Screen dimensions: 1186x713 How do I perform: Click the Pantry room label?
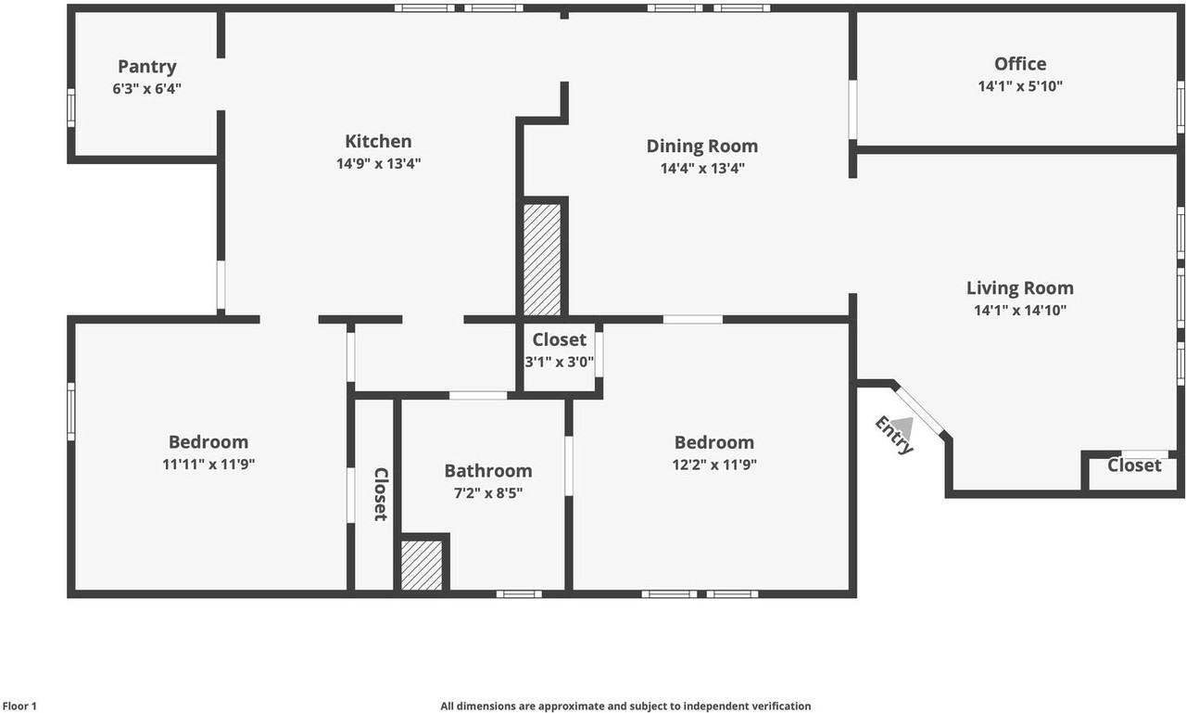click(147, 67)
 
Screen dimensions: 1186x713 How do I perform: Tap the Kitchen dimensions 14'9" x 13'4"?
click(379, 163)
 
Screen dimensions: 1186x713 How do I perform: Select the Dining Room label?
click(702, 146)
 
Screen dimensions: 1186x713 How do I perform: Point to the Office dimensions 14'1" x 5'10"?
click(1020, 86)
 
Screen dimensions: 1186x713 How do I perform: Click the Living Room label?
click(1020, 288)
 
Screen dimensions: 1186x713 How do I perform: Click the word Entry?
click(894, 436)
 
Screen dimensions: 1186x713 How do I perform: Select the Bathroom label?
click(488, 471)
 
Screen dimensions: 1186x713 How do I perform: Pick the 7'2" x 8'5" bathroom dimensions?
click(488, 493)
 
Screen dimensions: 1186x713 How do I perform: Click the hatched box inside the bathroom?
click(422, 566)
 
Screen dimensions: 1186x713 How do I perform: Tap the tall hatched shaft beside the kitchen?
click(542, 260)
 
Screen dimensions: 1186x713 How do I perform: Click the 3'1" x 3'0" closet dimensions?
click(559, 362)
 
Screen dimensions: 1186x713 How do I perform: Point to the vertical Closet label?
click(381, 494)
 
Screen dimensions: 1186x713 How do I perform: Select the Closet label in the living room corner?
click(1134, 465)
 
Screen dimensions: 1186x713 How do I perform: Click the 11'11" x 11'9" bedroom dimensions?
click(208, 465)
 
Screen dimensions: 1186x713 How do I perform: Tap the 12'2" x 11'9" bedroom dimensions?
click(714, 465)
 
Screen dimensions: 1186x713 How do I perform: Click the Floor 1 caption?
click(19, 707)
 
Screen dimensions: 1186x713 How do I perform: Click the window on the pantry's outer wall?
click(71, 108)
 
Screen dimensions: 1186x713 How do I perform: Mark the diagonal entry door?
click(920, 412)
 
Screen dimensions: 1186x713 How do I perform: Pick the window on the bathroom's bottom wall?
click(519, 594)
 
